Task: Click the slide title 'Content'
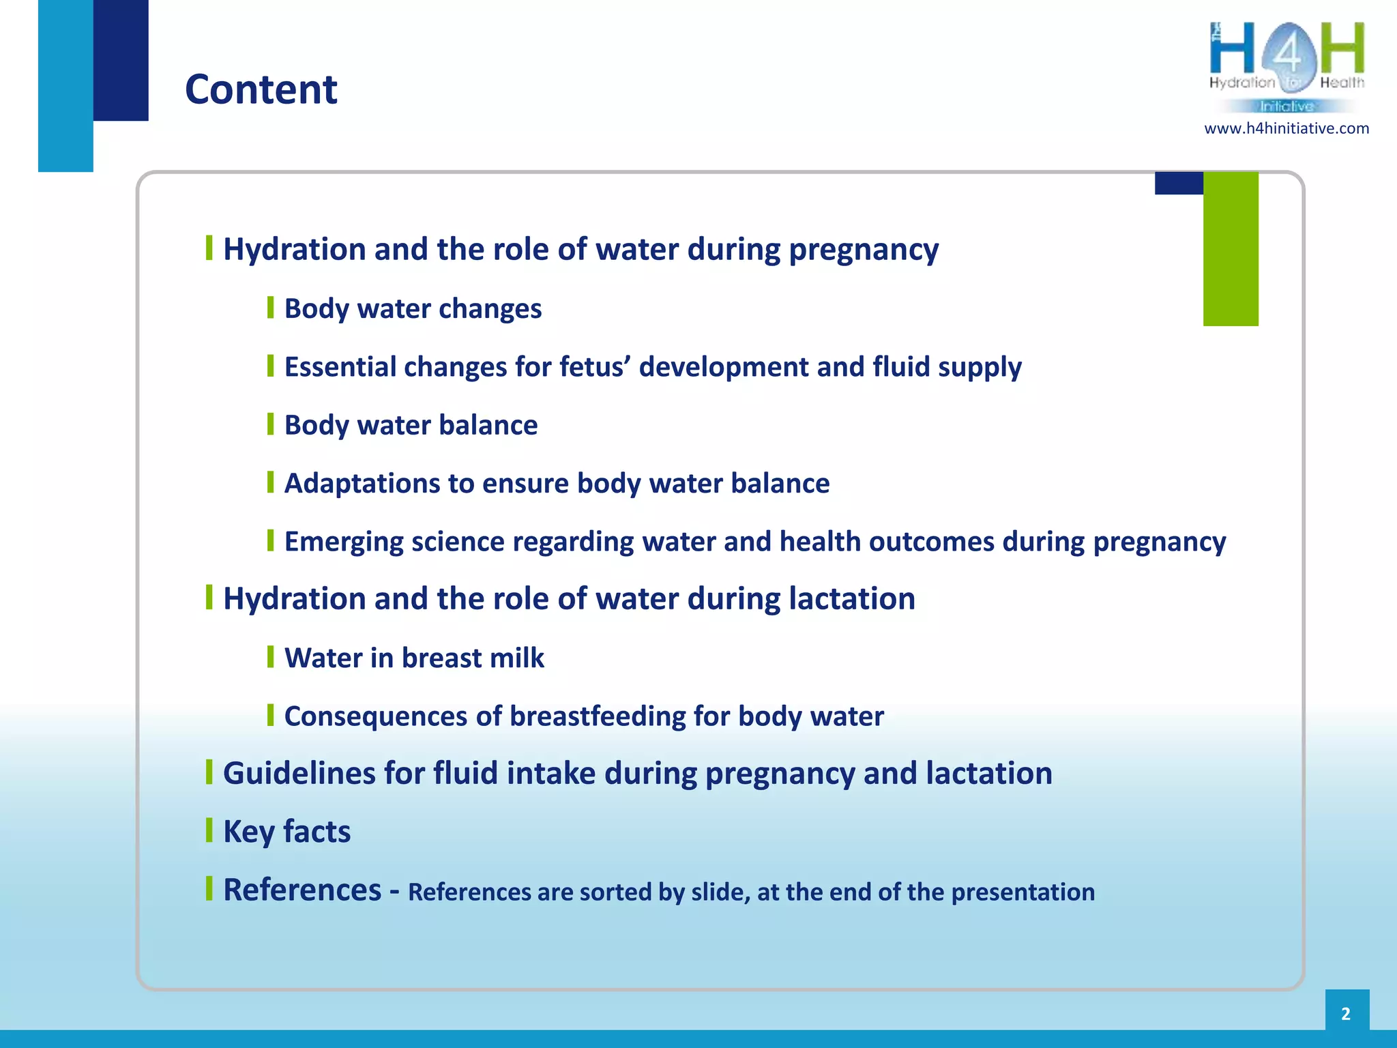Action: (261, 89)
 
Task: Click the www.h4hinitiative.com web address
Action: (1286, 128)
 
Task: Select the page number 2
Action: (1346, 1013)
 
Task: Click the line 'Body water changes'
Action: (413, 308)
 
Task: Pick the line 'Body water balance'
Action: (411, 425)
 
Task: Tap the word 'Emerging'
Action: (343, 542)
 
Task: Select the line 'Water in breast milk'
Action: (414, 658)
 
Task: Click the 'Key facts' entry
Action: (286, 832)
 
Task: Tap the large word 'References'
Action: (302, 890)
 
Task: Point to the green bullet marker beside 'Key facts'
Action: (209, 830)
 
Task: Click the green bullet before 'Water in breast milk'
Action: (271, 656)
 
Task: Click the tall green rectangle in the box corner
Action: (1230, 249)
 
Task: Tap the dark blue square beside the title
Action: (121, 60)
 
